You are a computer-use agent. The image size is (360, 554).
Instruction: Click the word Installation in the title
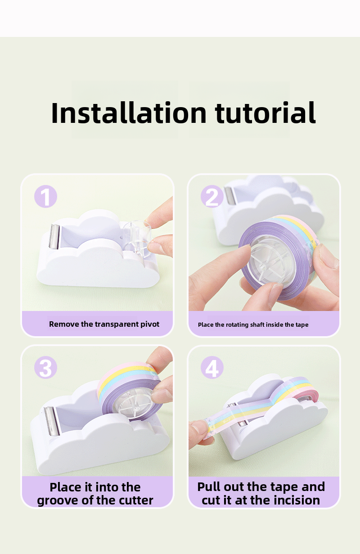coord(129,113)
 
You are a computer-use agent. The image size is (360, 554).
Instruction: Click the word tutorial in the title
coord(265,113)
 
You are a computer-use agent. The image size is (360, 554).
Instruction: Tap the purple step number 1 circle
coord(45,196)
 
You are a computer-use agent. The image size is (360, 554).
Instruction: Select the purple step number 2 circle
coord(212,196)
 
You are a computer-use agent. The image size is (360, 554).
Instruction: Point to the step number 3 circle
coord(45,367)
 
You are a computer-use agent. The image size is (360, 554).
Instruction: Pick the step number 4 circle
coord(212,367)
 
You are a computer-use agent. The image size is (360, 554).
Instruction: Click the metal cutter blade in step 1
coord(54,236)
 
